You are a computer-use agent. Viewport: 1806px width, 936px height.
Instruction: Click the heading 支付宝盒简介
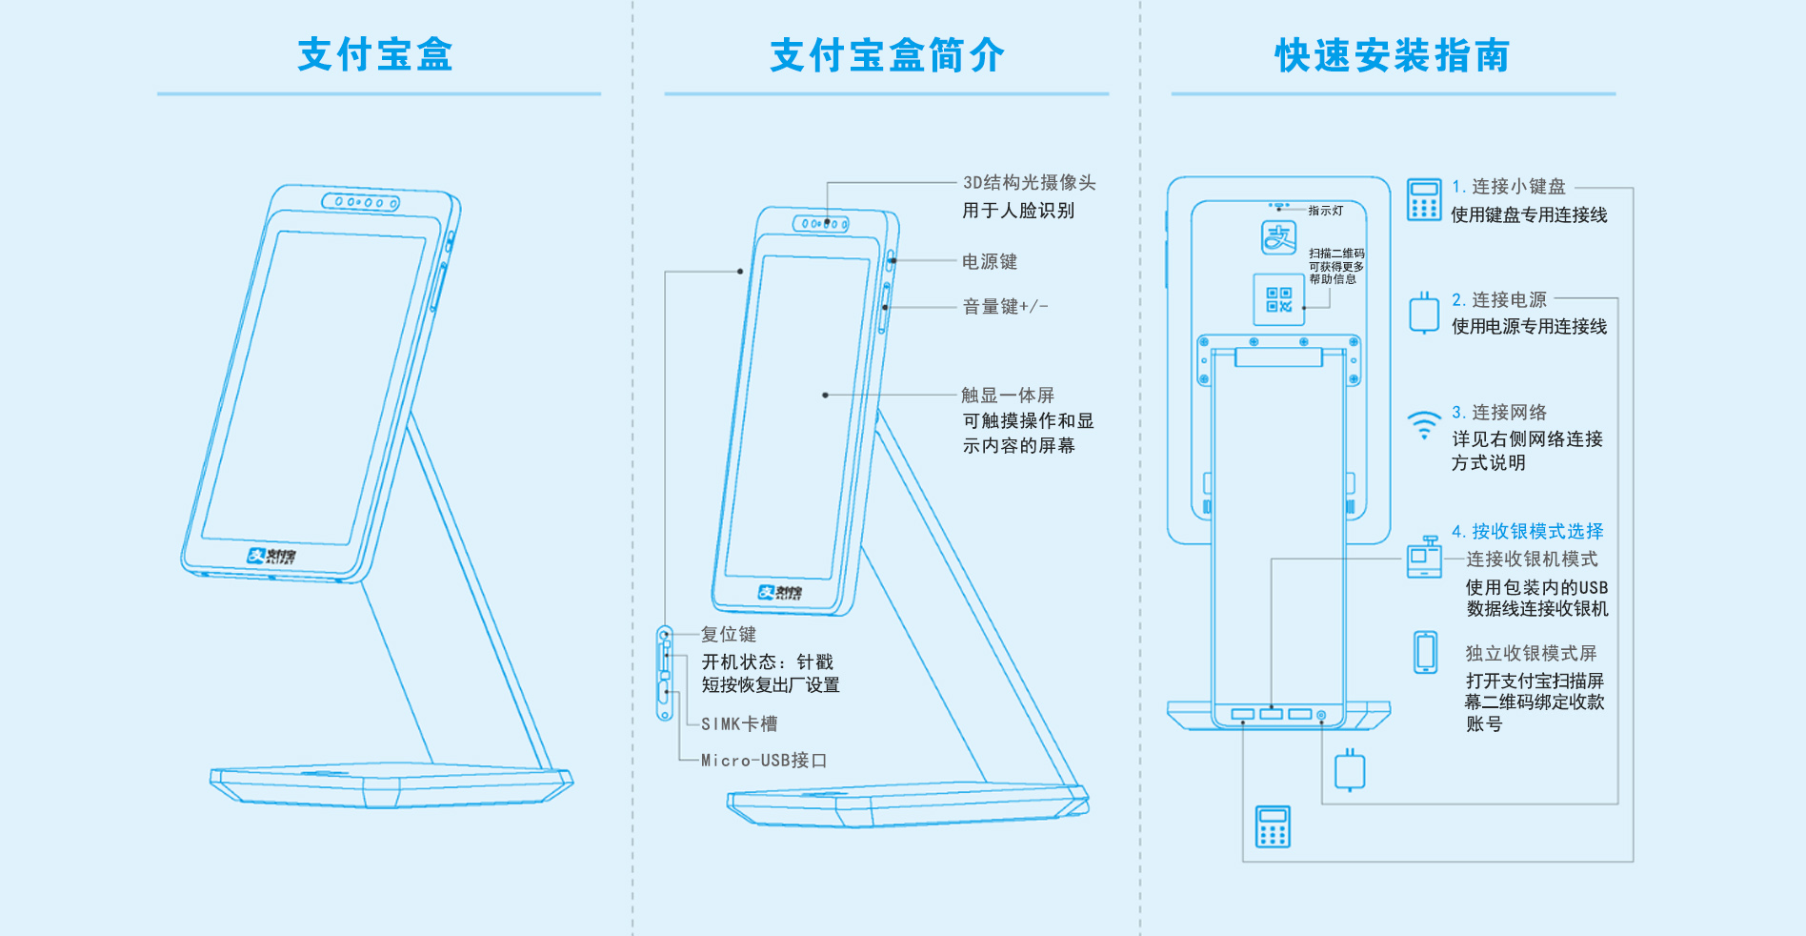[x=887, y=55]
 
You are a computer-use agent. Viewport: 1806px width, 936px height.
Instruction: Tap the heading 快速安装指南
[x=1393, y=55]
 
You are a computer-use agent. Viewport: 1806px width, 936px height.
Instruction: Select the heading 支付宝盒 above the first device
[x=375, y=54]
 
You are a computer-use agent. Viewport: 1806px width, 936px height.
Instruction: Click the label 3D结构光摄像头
[x=1029, y=182]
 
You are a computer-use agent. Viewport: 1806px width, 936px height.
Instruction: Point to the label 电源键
[x=990, y=261]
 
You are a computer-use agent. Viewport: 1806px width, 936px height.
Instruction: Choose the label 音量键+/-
[x=1005, y=306]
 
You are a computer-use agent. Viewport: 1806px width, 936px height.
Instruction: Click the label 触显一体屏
[x=1008, y=395]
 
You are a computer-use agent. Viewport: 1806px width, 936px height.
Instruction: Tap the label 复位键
[x=729, y=634]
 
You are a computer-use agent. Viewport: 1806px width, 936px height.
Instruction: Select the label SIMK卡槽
[x=739, y=723]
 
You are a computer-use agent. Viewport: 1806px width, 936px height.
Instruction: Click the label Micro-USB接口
[x=764, y=760]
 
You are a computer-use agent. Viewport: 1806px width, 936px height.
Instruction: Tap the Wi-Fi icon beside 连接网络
[x=1424, y=424]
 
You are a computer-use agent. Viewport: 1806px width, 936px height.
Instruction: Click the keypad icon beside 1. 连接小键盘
[x=1424, y=199]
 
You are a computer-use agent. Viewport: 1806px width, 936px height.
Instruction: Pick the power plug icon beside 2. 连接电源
[x=1424, y=313]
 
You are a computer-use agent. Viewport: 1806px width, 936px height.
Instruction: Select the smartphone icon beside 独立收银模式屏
[x=1425, y=652]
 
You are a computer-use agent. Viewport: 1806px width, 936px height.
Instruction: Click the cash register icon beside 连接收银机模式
[x=1425, y=558]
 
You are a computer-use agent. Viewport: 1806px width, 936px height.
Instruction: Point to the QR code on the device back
[x=1278, y=299]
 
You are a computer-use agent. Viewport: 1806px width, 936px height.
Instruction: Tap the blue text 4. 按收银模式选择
[x=1527, y=531]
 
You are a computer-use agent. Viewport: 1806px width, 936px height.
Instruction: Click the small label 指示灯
[x=1325, y=211]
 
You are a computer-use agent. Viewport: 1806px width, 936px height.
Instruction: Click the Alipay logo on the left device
[x=271, y=556]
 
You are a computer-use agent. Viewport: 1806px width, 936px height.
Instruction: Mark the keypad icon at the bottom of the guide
[x=1273, y=826]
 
